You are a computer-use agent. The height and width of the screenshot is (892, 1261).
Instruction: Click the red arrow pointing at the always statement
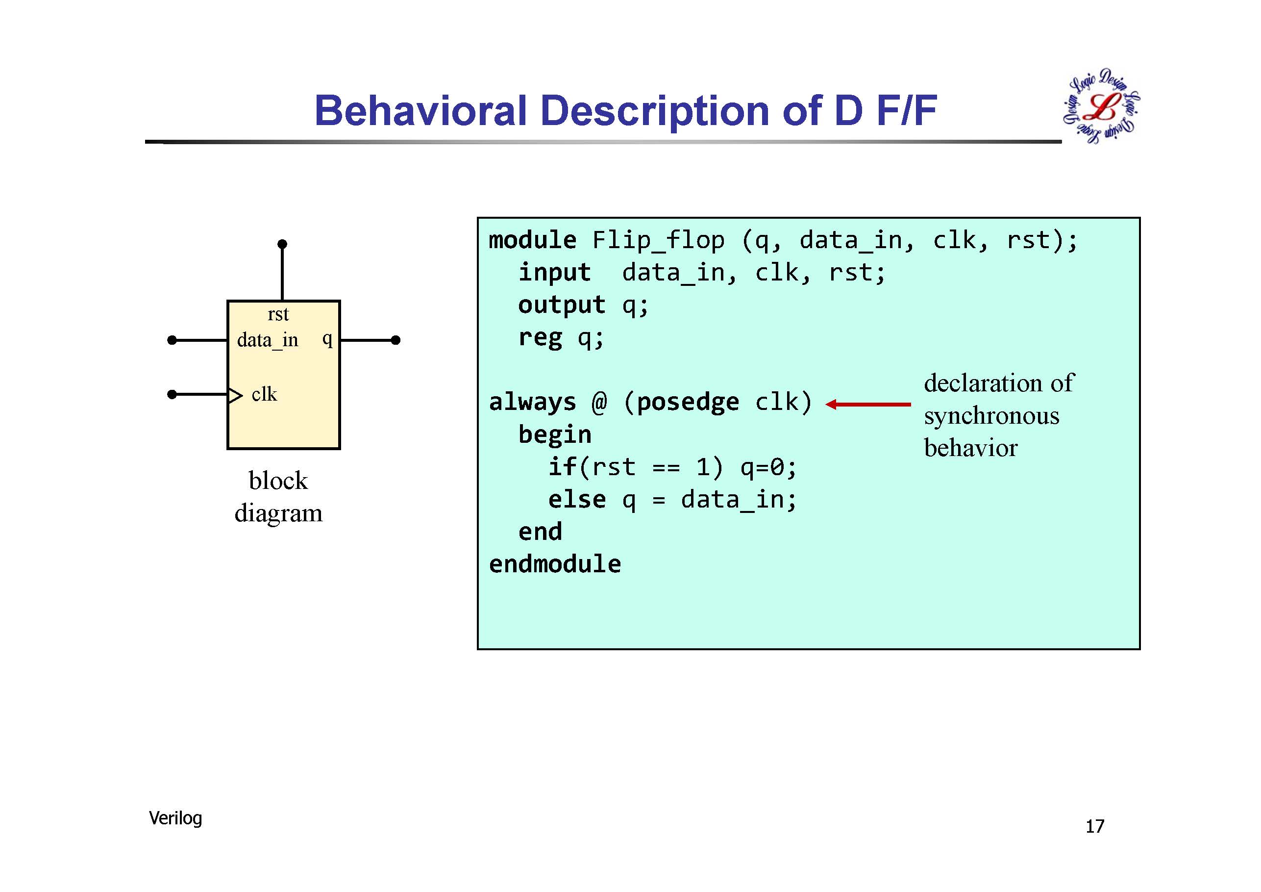coord(868,405)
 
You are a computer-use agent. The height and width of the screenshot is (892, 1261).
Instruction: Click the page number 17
coord(1094,826)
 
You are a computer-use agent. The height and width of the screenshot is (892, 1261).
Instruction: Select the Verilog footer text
coord(175,818)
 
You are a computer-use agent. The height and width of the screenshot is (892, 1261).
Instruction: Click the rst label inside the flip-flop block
coord(278,314)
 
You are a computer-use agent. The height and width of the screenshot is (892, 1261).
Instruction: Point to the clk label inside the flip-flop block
coord(264,394)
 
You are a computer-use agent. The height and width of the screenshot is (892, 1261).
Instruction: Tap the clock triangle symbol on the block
coord(235,395)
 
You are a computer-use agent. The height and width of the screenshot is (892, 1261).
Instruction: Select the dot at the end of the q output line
coord(396,340)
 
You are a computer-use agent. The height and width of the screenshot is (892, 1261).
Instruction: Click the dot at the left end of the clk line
coord(172,394)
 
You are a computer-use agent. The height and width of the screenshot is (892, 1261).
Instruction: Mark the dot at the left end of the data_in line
coord(172,340)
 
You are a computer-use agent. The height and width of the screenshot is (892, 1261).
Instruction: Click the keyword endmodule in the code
coord(555,564)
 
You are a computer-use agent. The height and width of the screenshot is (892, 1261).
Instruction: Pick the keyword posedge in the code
coord(688,402)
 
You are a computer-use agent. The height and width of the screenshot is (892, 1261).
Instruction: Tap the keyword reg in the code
coord(541,337)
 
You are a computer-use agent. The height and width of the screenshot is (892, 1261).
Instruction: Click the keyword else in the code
coord(577,499)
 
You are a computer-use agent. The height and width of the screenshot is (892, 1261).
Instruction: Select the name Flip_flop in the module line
coord(658,240)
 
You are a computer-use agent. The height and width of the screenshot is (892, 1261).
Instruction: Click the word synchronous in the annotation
coord(991,415)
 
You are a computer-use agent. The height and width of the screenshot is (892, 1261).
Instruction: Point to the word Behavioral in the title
coord(420,110)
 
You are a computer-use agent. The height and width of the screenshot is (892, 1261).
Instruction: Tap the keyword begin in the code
coord(555,435)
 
